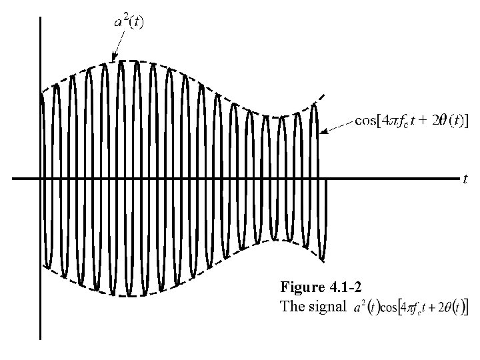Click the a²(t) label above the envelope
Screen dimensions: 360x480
point(131,22)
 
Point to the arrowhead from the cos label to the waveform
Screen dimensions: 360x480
point(323,132)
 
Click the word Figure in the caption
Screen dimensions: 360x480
point(303,287)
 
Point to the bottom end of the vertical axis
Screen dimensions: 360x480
point(41,339)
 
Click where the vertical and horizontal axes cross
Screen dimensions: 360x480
point(41,179)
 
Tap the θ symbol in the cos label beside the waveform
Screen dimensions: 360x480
point(442,121)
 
